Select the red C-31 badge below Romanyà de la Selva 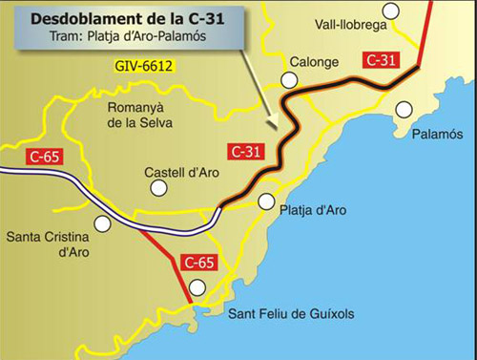[x=246, y=151]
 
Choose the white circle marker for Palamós [x=404, y=110]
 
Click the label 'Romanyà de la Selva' [x=137, y=114]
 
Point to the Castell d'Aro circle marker [x=159, y=188]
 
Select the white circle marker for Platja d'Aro [x=266, y=202]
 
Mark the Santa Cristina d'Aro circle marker [x=102, y=224]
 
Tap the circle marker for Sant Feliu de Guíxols [x=197, y=287]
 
